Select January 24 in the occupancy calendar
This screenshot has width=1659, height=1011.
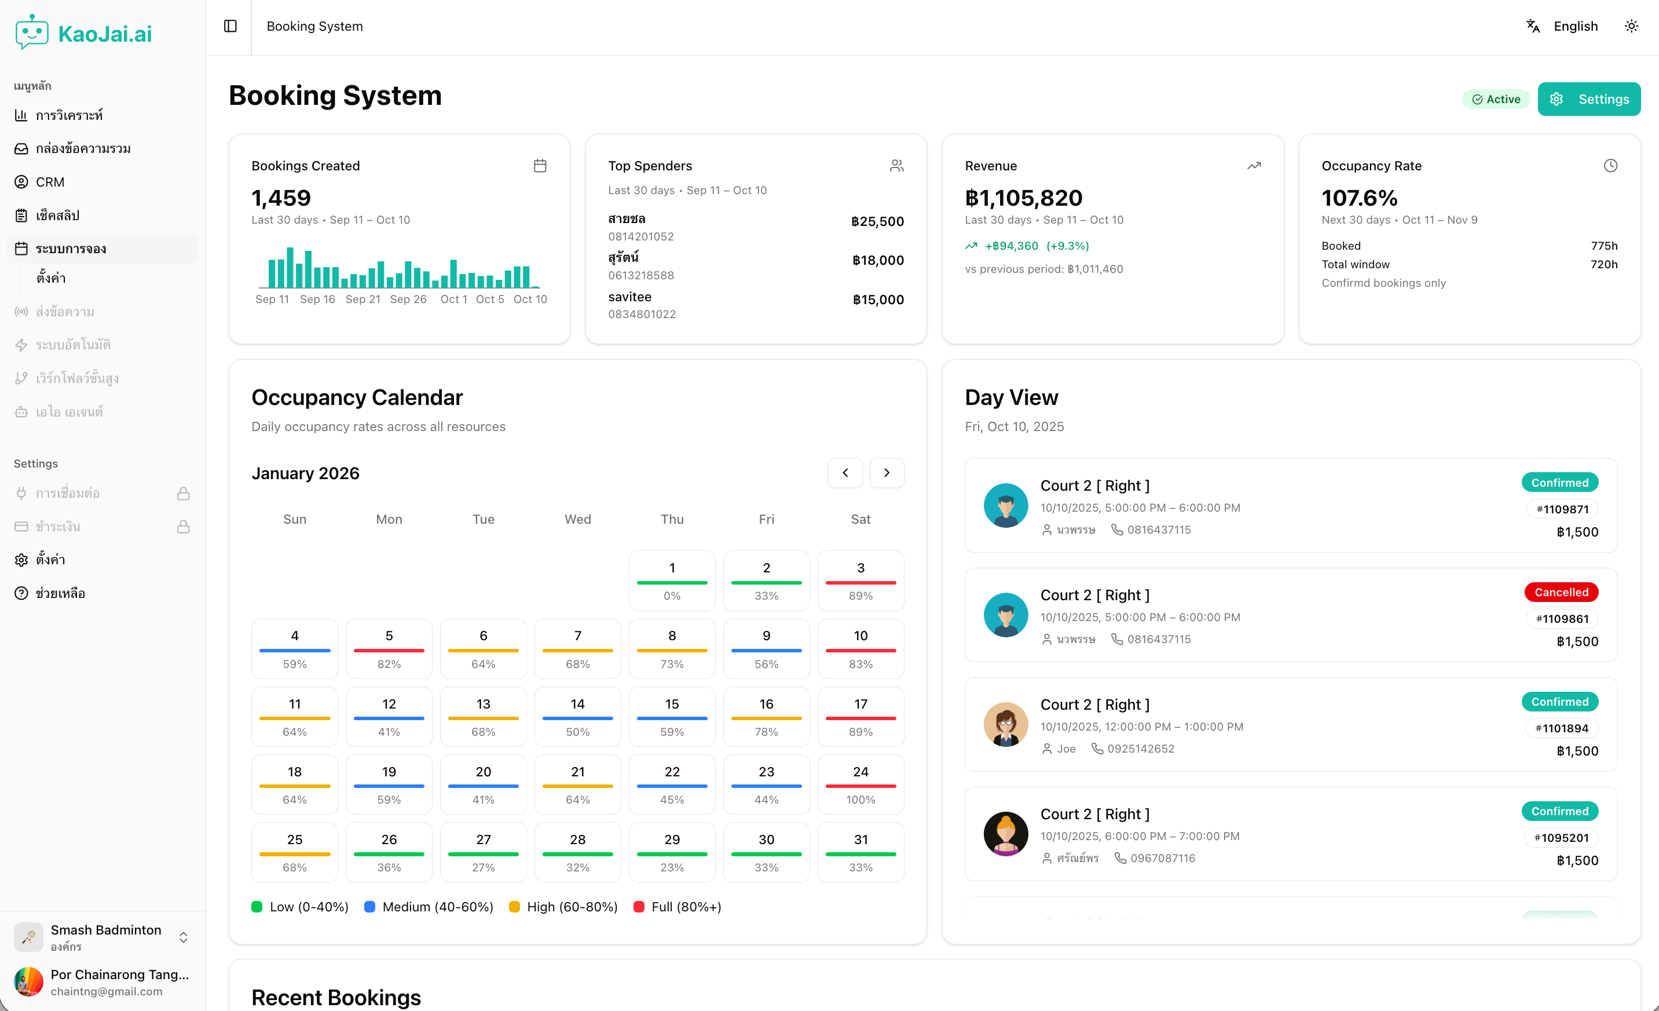click(860, 784)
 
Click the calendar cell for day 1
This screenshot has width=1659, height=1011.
click(671, 580)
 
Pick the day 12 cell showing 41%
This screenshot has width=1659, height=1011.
click(389, 716)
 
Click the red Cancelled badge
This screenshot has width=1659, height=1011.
click(1561, 592)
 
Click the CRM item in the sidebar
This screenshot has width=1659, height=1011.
click(50, 182)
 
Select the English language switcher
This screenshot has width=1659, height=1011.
click(1575, 26)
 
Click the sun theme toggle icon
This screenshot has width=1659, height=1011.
click(1631, 26)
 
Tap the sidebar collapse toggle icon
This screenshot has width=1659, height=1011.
click(230, 26)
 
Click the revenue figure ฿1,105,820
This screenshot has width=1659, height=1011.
click(1023, 198)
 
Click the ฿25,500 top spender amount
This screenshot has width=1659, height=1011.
click(877, 221)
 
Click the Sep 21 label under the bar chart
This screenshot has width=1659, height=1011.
click(362, 299)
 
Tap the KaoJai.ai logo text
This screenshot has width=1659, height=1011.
click(105, 34)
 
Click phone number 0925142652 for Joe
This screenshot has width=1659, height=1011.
click(1140, 749)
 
